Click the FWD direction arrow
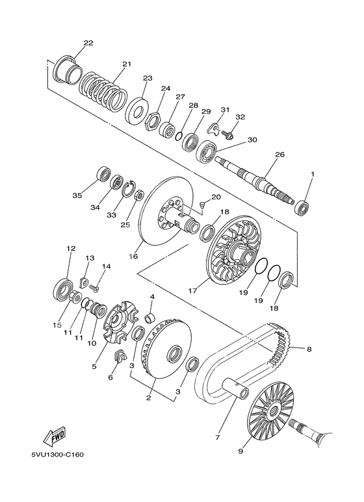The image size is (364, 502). pyautogui.click(x=55, y=436)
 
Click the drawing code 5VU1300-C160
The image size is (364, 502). pyautogui.click(x=58, y=455)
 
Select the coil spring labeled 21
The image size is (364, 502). pyautogui.click(x=103, y=92)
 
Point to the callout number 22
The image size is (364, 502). pyautogui.click(x=88, y=43)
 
